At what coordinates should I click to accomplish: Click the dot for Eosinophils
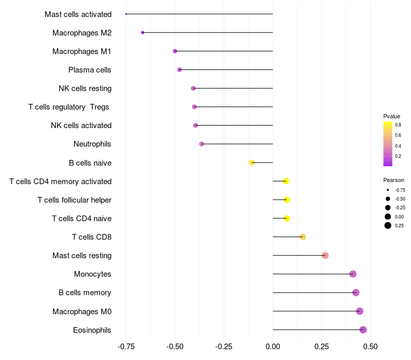[x=363, y=330]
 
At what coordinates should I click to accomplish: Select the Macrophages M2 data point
[x=142, y=32]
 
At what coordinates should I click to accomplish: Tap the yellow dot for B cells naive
[x=252, y=163]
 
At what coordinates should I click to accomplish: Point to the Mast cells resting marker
[x=325, y=256]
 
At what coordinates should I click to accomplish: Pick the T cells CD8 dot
[x=303, y=237]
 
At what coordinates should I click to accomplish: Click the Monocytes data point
[x=352, y=274]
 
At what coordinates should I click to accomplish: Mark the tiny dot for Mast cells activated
[x=126, y=14]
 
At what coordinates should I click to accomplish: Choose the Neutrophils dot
[x=201, y=144]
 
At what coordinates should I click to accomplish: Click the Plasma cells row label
[x=90, y=70]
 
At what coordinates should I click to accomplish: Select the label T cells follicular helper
[x=74, y=200]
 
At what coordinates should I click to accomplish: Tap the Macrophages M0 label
[x=82, y=312]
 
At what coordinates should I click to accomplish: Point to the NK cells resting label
[x=85, y=88]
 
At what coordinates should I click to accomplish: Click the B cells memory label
[x=85, y=293]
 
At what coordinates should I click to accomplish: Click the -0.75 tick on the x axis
[x=126, y=347]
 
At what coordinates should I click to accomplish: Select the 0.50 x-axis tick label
[x=370, y=347]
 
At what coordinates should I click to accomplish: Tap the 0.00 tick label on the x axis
[x=273, y=347]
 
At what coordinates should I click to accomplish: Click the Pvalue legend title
[x=391, y=116]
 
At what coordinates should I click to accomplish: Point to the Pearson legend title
[x=394, y=180]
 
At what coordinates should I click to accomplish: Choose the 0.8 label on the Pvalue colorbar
[x=398, y=124]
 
